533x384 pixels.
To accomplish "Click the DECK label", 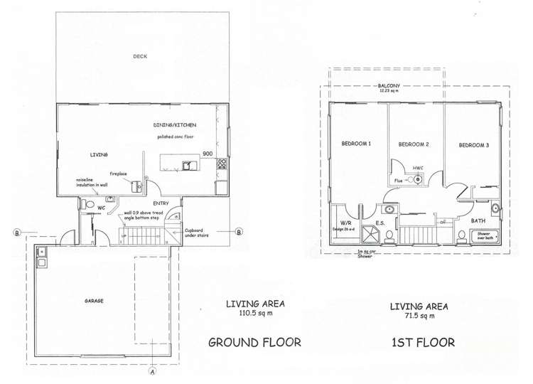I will click(139, 56).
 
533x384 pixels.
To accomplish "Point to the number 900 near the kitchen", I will click(208, 154).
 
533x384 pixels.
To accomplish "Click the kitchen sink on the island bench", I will click(188, 166).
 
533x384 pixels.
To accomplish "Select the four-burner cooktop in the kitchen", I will click(222, 165).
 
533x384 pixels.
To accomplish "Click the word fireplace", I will click(119, 173).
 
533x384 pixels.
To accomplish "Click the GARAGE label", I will click(93, 301).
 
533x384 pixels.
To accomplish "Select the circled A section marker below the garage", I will click(151, 370).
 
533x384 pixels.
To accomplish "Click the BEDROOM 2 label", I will click(413, 144).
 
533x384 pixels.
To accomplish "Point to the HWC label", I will click(418, 168).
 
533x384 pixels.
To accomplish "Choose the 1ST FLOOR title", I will click(423, 342).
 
